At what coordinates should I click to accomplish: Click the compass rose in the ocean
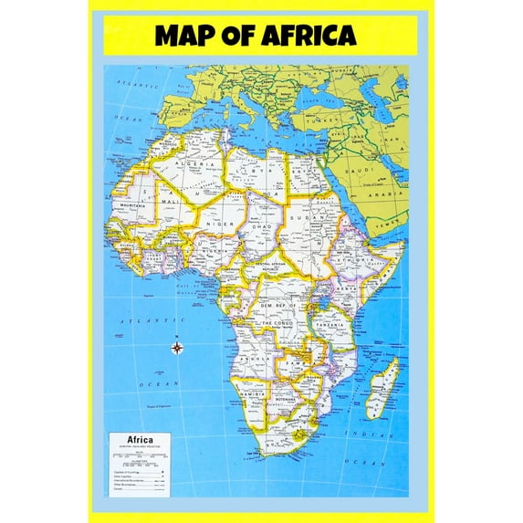[177, 346]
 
